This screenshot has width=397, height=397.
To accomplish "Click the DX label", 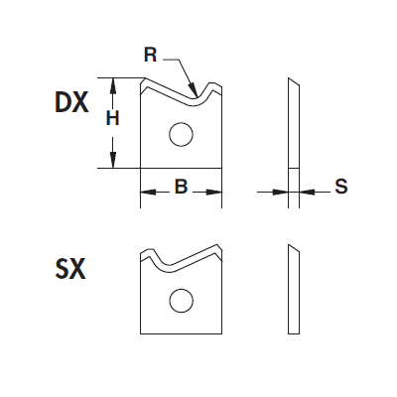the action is pyautogui.click(x=71, y=102).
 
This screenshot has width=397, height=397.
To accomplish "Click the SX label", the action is pyautogui.click(x=70, y=269).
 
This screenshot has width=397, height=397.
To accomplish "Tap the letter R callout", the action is pyautogui.click(x=150, y=55).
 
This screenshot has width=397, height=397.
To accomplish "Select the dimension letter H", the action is pyautogui.click(x=112, y=118).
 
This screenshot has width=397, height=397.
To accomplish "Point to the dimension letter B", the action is pyautogui.click(x=181, y=187).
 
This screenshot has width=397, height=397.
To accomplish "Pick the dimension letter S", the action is pyautogui.click(x=341, y=187).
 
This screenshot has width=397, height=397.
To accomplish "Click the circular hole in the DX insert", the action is pyautogui.click(x=181, y=134).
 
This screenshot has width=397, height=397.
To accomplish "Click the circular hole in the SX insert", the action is pyautogui.click(x=181, y=301).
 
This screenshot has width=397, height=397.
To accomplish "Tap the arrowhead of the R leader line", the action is pyautogui.click(x=193, y=88).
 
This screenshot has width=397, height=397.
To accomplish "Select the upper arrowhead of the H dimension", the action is pyautogui.click(x=113, y=85).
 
